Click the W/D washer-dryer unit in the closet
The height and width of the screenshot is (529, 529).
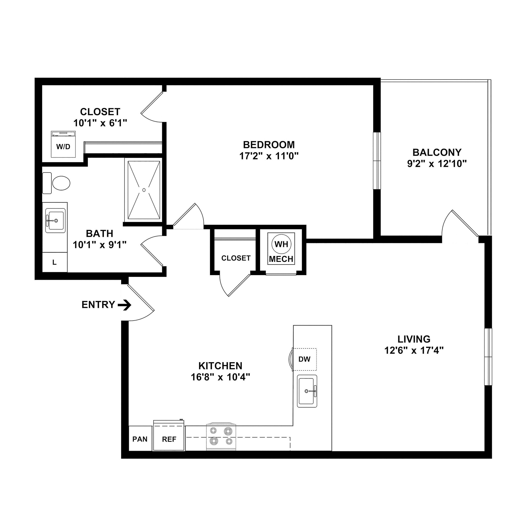(63, 145)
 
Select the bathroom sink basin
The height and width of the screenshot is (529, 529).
(56, 220)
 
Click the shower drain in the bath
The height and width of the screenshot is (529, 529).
(144, 190)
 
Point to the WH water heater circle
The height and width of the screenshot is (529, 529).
(281, 244)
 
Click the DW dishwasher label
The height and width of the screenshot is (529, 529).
(304, 359)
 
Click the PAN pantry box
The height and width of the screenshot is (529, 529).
(140, 439)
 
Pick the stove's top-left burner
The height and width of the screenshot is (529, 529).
(213, 431)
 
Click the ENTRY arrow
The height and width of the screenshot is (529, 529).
(125, 305)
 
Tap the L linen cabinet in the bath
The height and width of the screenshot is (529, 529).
(55, 262)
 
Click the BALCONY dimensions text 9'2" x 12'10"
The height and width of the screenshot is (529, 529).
(437, 164)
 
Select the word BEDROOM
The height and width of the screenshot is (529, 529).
(269, 145)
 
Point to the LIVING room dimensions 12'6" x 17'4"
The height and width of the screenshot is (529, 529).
(414, 350)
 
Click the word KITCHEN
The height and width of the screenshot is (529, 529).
(220, 366)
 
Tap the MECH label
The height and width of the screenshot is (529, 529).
(281, 259)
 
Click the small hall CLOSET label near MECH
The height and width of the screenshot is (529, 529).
(236, 258)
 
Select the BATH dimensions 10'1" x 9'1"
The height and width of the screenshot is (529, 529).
(100, 245)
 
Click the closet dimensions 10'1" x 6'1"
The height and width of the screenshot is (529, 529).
(100, 123)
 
